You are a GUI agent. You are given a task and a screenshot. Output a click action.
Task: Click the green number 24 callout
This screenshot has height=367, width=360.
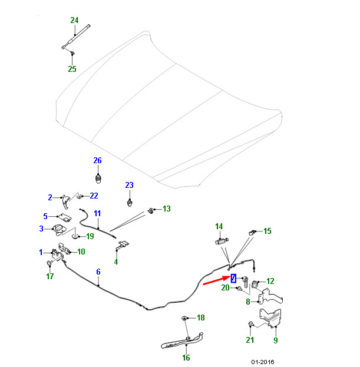click(74, 20)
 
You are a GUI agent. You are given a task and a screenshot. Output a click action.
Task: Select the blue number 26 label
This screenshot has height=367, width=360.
click(97, 160)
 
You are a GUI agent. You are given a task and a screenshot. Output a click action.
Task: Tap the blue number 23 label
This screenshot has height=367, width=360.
click(129, 185)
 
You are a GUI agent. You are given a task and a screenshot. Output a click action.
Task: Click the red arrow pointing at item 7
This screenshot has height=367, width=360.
click(216, 280)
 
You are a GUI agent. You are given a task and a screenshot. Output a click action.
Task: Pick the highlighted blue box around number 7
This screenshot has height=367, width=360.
click(233, 278)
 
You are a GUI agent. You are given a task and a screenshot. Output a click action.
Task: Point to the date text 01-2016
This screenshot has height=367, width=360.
click(263, 362)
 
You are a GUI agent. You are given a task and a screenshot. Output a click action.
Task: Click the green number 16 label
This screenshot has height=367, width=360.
click(186, 358)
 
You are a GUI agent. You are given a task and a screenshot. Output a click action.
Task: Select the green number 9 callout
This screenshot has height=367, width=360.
click(276, 340)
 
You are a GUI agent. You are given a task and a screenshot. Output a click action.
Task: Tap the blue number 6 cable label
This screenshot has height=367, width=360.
click(98, 272)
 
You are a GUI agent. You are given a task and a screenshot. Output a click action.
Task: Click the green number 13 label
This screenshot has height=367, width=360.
click(167, 209)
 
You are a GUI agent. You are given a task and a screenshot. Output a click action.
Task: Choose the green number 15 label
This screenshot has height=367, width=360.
click(267, 231)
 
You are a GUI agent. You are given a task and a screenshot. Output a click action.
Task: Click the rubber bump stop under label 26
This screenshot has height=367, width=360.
click(98, 179)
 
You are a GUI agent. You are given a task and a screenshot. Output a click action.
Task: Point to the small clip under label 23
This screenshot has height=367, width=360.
click(130, 203)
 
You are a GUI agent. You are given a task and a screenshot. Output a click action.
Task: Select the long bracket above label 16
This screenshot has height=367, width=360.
click(182, 340)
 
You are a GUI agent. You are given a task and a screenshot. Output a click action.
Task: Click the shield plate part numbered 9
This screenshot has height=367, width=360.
click(270, 318)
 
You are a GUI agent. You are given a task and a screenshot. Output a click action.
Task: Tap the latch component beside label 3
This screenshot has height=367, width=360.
click(60, 229)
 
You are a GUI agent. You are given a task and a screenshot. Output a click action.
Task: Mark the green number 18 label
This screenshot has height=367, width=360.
click(200, 318)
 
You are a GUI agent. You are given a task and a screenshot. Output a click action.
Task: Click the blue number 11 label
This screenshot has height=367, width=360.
click(97, 213)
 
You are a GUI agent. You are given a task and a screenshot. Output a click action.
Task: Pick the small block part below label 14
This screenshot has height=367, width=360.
click(222, 241)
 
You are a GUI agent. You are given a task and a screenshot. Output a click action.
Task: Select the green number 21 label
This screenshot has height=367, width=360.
click(250, 340)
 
